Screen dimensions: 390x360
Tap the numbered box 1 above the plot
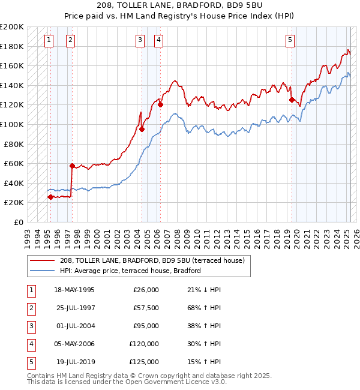click(x=49, y=40)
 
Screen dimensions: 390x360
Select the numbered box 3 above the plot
click(x=140, y=40)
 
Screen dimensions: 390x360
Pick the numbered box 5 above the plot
click(x=290, y=40)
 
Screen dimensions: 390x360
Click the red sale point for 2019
click(x=292, y=100)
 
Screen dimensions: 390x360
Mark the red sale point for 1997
click(x=72, y=166)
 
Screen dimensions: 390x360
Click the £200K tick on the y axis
click(x=13, y=27)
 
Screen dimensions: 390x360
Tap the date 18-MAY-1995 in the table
click(x=74, y=290)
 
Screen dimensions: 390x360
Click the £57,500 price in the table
click(x=146, y=308)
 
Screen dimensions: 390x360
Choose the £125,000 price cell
click(x=144, y=362)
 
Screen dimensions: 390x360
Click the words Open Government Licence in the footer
click(x=174, y=382)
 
